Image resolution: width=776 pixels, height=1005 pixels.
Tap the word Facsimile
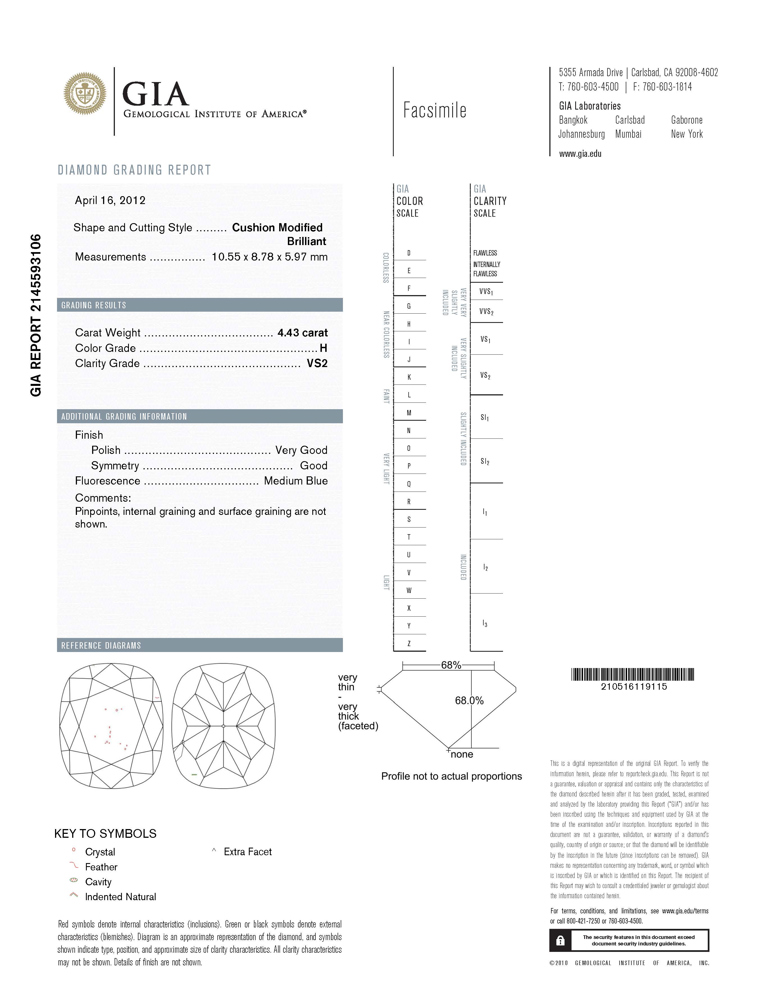click(x=435, y=110)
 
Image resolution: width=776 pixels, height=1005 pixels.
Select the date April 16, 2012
click(x=110, y=200)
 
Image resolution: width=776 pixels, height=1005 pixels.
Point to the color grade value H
click(x=323, y=348)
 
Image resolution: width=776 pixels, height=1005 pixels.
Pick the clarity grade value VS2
click(x=317, y=364)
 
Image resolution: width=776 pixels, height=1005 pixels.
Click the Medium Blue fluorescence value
click(x=296, y=481)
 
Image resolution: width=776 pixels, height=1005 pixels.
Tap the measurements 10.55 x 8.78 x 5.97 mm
click(x=270, y=257)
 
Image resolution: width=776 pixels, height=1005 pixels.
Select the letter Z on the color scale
click(x=409, y=643)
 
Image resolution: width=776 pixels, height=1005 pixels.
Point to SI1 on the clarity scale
click(x=485, y=417)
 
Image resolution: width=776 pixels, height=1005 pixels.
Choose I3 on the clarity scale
click(x=485, y=624)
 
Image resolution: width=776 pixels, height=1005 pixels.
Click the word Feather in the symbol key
click(x=101, y=867)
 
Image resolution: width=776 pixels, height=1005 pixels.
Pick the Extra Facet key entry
click(x=247, y=852)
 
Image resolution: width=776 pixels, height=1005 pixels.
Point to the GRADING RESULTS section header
click(x=94, y=305)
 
